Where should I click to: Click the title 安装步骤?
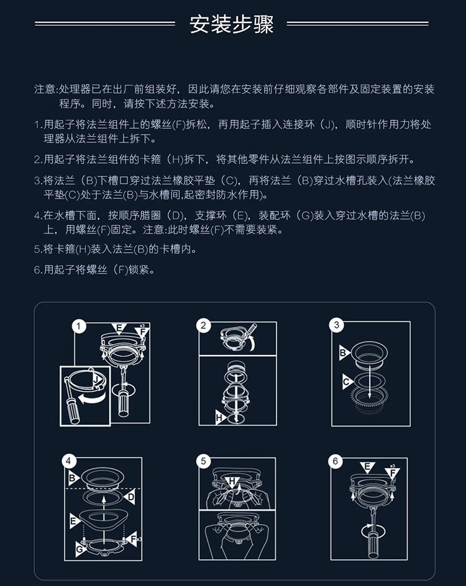[x=232, y=24]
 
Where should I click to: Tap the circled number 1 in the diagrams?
[x=78, y=327]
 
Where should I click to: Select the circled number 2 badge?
[x=203, y=325]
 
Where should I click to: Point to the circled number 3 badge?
[x=336, y=325]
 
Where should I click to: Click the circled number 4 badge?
[x=68, y=461]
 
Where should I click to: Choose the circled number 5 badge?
[x=203, y=461]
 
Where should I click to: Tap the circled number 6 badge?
[x=335, y=461]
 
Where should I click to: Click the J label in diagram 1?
[x=97, y=380]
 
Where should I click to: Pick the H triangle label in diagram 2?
[x=220, y=417]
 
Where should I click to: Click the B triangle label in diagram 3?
[x=344, y=352]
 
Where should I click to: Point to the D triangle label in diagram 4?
[x=130, y=497]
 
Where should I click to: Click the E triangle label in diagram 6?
[x=367, y=467]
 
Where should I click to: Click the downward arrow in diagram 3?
[x=370, y=377]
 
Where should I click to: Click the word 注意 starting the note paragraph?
[x=45, y=89]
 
